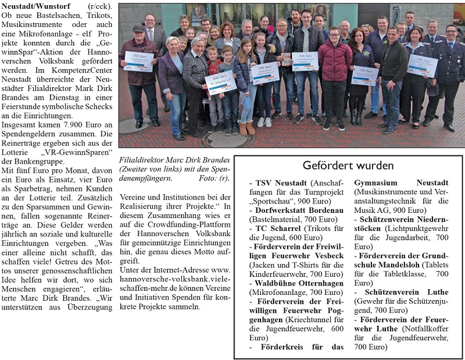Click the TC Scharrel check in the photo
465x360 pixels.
(x=221, y=83)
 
